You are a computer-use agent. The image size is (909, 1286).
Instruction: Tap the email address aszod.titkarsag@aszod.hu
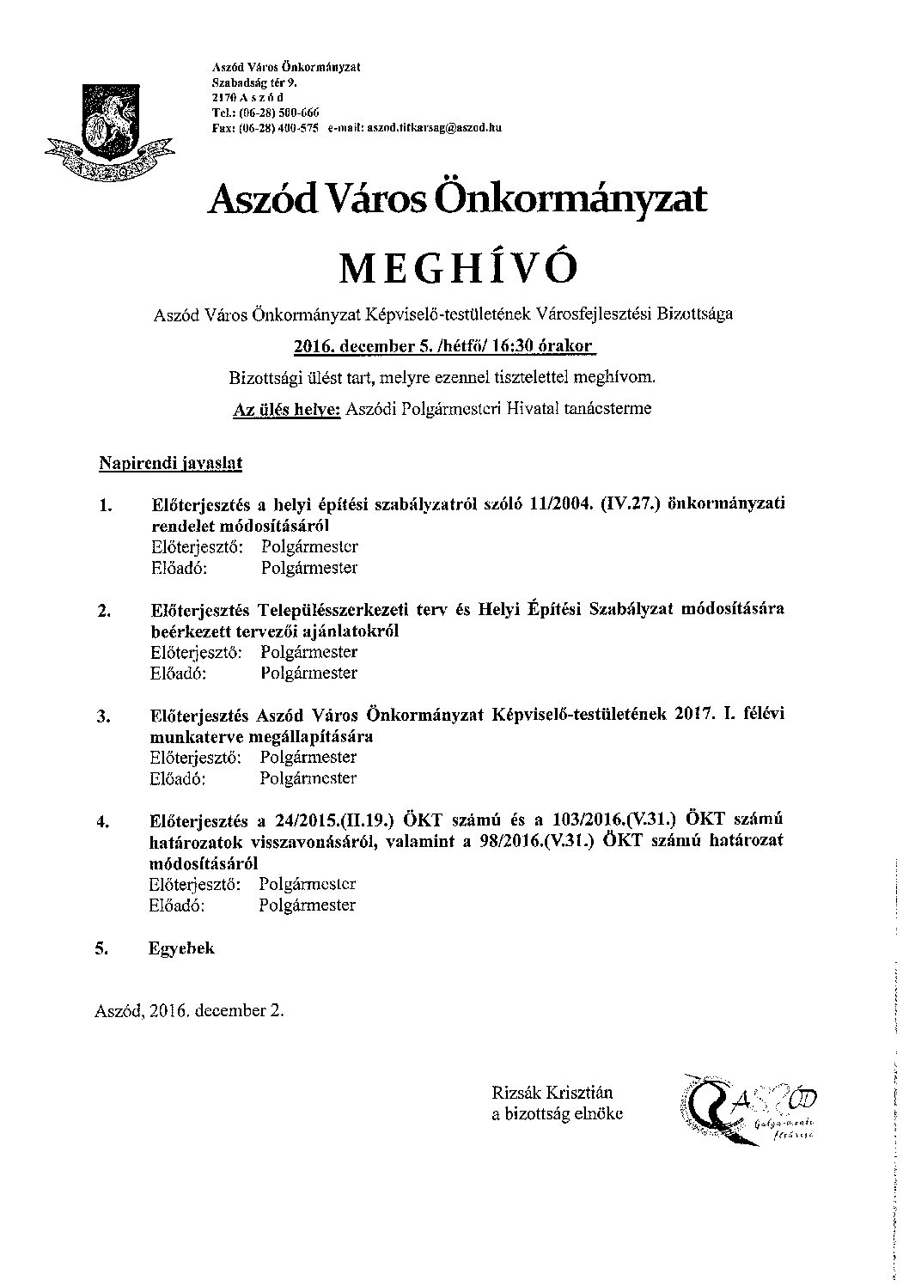tap(434, 127)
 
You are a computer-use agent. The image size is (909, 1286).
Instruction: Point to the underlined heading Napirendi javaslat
tap(170, 464)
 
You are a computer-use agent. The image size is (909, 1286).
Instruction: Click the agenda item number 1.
tap(106, 505)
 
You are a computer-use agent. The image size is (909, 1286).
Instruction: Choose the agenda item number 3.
tap(104, 717)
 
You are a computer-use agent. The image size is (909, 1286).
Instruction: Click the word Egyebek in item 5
tap(181, 948)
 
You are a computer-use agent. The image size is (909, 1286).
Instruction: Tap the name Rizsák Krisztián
tap(552, 1094)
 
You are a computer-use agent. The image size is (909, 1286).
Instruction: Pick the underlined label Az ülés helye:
tap(287, 409)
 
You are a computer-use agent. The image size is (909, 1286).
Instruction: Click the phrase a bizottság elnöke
tap(558, 1114)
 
